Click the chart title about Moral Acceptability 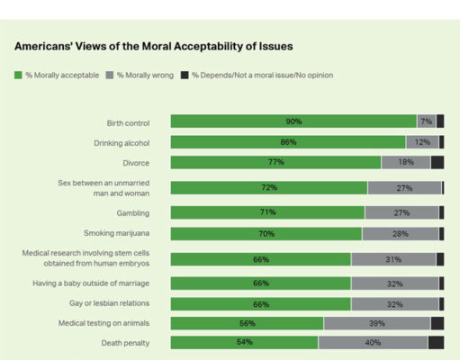point(154,45)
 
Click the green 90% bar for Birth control point(293,121)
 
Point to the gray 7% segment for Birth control point(426,121)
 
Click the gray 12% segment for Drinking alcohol point(421,142)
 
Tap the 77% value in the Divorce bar point(275,163)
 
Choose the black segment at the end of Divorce point(437,163)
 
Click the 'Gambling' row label point(132,213)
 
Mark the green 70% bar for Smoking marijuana point(266,234)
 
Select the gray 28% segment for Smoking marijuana point(401,234)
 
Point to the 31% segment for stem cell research point(393,259)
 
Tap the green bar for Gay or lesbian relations point(261,304)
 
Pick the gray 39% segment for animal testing point(376,323)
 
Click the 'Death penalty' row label point(125,343)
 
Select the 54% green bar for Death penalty point(244,343)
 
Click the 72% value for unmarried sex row point(269,188)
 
